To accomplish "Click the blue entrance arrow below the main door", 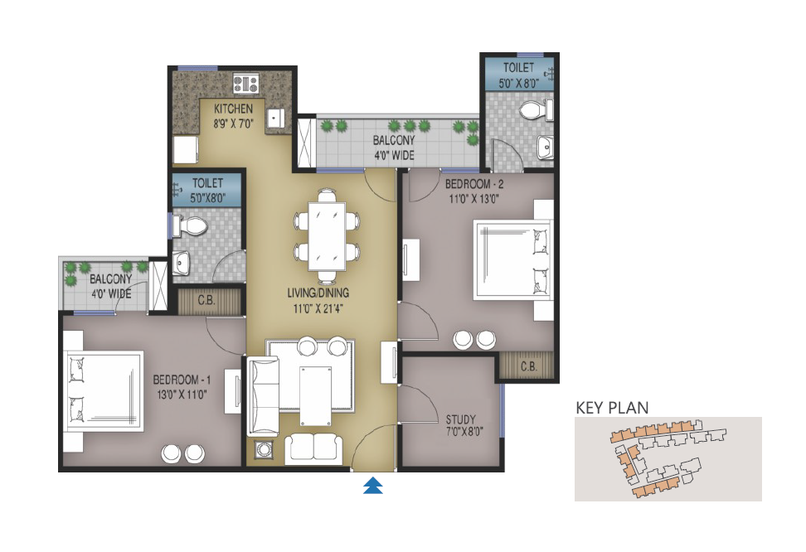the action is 372,485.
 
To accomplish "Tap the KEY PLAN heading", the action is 612,408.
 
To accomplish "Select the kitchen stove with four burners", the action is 245,83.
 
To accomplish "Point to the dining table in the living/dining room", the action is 327,235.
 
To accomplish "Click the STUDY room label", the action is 460,419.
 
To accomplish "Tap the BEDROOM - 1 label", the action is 182,380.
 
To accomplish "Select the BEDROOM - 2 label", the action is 474,184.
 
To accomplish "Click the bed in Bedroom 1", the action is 104,390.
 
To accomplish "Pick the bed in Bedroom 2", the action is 512,259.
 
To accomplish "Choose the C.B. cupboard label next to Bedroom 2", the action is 528,366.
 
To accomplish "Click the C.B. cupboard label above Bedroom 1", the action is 206,300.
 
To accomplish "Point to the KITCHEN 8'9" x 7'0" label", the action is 233,116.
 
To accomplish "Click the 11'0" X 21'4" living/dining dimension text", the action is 318,309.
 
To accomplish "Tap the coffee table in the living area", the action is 316,395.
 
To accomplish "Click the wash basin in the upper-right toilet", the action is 545,147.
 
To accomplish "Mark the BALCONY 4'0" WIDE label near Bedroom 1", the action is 111,286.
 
